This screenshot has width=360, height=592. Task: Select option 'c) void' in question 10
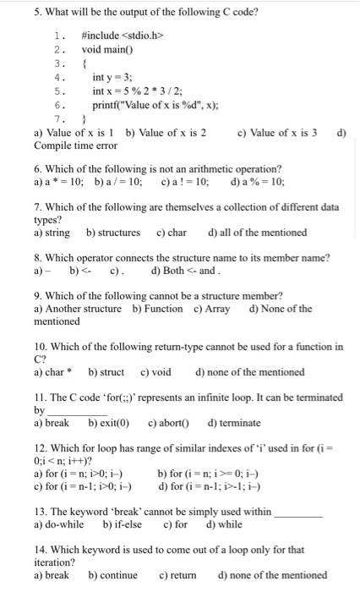tap(155, 371)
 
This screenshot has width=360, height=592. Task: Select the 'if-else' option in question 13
tap(123, 524)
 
